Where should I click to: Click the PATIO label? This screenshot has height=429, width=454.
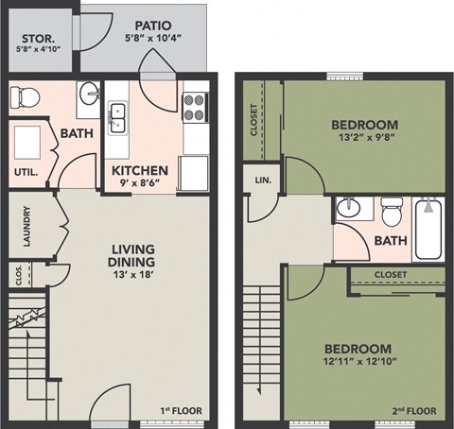click(x=151, y=26)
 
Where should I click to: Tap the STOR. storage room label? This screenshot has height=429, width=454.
click(x=37, y=42)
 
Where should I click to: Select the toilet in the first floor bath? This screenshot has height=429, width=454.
click(x=27, y=95)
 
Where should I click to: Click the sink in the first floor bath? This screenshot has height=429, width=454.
click(x=89, y=94)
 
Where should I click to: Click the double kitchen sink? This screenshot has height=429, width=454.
click(x=119, y=116)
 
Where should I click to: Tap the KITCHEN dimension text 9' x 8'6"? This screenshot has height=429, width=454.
click(x=140, y=186)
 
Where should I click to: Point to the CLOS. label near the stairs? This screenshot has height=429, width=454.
click(x=21, y=273)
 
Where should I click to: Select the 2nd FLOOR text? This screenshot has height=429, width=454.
click(x=414, y=410)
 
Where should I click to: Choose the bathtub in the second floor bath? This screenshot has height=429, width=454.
click(x=428, y=228)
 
